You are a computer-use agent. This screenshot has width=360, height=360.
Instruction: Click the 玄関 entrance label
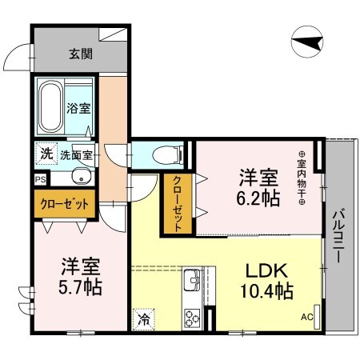(78, 54)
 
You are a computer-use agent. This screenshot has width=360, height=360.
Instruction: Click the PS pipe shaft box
(39, 181)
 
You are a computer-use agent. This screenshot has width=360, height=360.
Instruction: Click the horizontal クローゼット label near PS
(66, 204)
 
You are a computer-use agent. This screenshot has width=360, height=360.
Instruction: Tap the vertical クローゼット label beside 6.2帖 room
(177, 203)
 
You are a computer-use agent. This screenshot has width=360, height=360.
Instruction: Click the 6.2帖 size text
(258, 197)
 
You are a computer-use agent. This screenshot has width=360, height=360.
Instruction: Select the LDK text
(264, 271)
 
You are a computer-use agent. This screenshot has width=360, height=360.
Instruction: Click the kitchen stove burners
(194, 318)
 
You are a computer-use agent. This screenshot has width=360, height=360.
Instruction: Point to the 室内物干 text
(303, 178)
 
